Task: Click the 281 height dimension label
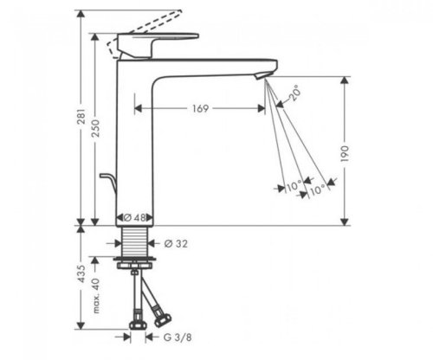click(x=81, y=116)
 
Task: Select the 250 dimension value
click(x=96, y=128)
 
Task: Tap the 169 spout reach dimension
click(x=200, y=108)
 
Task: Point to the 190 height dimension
click(x=346, y=154)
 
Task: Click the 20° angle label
click(x=294, y=93)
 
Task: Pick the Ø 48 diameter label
click(x=135, y=217)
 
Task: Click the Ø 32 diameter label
click(x=176, y=244)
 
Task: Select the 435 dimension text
click(x=81, y=274)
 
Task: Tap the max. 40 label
click(x=96, y=296)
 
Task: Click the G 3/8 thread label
click(x=178, y=337)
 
